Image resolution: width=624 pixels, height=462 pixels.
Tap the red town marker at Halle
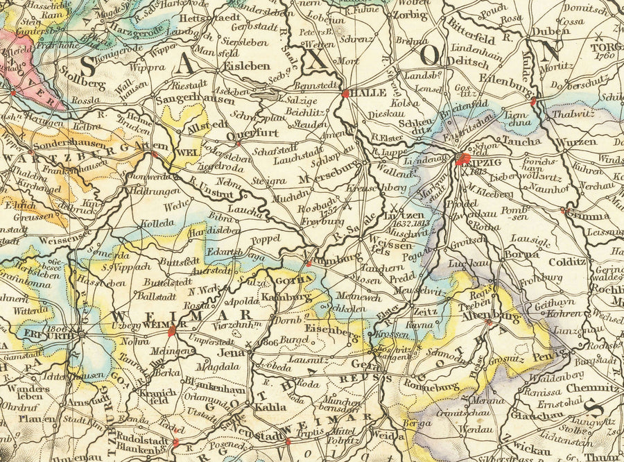point(345,92)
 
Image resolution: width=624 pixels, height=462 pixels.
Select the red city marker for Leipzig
point(462,160)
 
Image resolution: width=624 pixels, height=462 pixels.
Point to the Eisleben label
point(247,66)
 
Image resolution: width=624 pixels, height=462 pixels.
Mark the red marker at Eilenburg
point(533,102)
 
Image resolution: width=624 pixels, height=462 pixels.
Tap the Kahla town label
point(266,407)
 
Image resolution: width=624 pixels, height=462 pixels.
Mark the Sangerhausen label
point(186,101)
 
